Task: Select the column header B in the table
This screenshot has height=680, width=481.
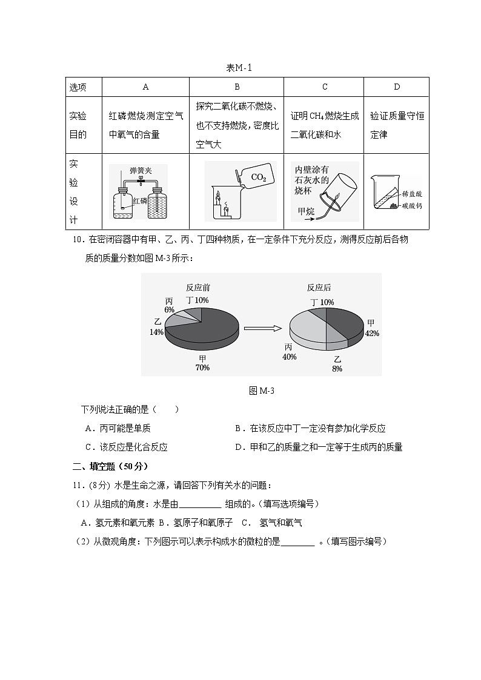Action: (237, 87)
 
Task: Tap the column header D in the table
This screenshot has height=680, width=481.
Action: (397, 87)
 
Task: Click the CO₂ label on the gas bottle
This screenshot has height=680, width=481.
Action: (258, 178)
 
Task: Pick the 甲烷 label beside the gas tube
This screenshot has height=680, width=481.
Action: (306, 211)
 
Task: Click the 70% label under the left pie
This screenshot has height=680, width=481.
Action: (202, 368)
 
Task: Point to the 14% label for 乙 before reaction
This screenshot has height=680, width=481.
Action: (156, 332)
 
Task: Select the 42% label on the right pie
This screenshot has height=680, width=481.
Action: (371, 334)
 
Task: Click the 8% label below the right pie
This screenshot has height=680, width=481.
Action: (337, 368)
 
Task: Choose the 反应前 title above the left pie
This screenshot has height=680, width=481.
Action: (198, 288)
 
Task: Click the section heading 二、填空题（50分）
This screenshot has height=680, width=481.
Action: (110, 466)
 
